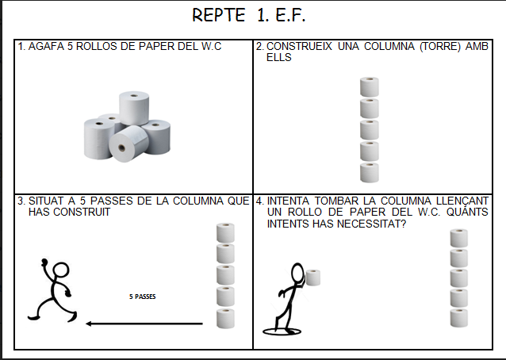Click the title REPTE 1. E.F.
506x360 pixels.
(248, 15)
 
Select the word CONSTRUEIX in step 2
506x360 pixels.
(299, 47)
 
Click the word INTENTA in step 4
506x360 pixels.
(288, 201)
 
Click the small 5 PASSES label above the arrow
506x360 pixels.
(142, 297)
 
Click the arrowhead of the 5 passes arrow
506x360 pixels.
(89, 324)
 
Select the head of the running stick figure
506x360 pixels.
(60, 270)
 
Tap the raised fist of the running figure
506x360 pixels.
(44, 262)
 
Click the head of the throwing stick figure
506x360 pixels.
(297, 273)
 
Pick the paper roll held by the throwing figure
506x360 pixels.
(313, 278)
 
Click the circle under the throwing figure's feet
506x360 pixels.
(282, 331)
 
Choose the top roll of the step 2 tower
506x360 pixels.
(370, 86)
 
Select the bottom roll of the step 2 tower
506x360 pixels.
(370, 173)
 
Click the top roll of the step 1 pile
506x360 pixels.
(134, 108)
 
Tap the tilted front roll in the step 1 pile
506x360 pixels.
(128, 144)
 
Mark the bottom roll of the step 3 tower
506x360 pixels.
(225, 319)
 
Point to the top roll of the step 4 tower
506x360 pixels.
(459, 238)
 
